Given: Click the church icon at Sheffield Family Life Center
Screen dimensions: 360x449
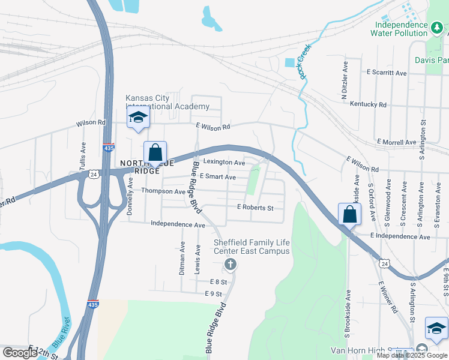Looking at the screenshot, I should tap(230, 264).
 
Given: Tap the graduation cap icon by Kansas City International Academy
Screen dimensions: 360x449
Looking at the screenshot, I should tap(138, 117).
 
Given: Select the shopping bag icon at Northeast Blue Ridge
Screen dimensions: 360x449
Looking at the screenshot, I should tap(155, 152).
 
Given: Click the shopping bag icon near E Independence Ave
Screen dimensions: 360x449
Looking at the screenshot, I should tap(349, 214).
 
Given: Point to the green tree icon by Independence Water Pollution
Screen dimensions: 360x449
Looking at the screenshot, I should tap(437, 26).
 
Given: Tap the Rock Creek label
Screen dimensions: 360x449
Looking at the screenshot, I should tap(306, 62).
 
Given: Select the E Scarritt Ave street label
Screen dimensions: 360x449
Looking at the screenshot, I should tap(387, 73).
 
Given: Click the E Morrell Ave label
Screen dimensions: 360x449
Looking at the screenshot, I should tap(396, 142).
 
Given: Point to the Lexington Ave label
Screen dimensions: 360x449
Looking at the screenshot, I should tap(224, 163).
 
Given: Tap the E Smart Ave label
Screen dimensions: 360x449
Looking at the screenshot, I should tap(217, 177).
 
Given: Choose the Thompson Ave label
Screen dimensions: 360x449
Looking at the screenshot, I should tap(163, 191).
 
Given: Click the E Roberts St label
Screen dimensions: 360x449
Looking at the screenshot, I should tap(255, 208).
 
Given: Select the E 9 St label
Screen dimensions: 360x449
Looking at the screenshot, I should tap(213, 294).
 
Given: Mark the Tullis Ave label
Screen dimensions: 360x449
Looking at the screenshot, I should tap(83, 155).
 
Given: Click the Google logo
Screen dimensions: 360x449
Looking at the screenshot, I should tap(19, 353).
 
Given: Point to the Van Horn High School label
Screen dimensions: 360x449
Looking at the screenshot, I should tap(366, 350).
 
